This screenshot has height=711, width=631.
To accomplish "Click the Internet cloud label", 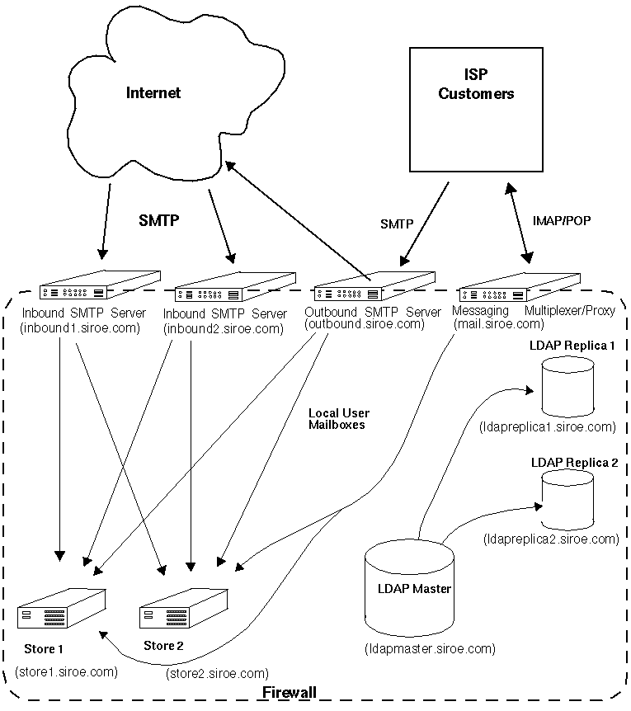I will pos(153,92).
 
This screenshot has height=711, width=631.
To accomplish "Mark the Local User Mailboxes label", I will pos(338,418).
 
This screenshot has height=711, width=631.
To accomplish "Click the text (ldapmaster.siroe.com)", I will pos(430,648).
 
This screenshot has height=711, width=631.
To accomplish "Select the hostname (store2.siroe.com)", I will pos(217,673).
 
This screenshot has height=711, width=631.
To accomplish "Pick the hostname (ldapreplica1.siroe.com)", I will pos(547,426).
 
